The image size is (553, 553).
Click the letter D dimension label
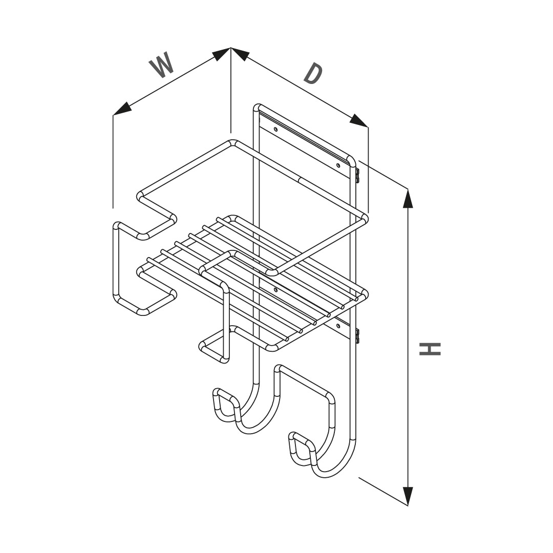[313, 74]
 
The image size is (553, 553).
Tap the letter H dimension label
[430, 349]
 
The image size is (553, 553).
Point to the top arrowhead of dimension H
[408, 198]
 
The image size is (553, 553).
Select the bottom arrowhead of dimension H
[408, 496]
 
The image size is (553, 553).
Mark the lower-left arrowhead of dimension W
[122, 110]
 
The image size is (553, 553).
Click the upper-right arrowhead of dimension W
[222, 53]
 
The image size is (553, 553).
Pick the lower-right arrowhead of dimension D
[359, 121]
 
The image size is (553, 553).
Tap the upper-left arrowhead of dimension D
[240, 53]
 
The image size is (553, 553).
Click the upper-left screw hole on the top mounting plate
[276, 129]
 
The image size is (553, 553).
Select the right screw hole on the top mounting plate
[338, 165]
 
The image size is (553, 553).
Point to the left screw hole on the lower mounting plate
[276, 290]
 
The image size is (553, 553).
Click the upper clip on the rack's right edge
[357, 175]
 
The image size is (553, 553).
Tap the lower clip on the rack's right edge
[357, 335]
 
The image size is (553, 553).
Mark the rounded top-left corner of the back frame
[257, 108]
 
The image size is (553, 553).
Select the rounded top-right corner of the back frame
[352, 161]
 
